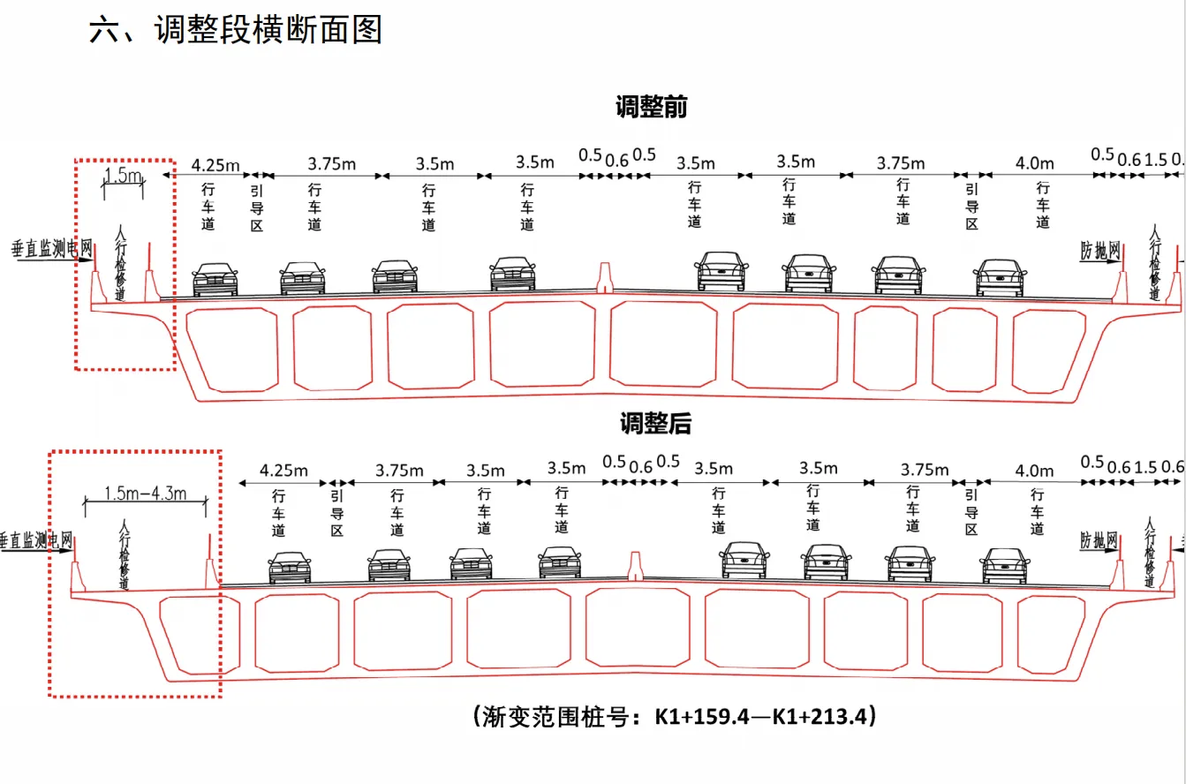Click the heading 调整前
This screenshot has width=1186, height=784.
coord(651,108)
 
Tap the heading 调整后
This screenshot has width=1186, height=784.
coord(654,425)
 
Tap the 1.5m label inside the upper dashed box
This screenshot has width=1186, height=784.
coord(123,176)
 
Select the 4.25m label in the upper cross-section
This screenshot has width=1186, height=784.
coord(215,164)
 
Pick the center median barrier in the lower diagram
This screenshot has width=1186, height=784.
coord(633,565)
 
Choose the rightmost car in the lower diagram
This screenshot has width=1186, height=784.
coord(1004,566)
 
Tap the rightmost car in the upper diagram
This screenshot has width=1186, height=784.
coord(1001,277)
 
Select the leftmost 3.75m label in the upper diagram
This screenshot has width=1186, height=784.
coord(331,164)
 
